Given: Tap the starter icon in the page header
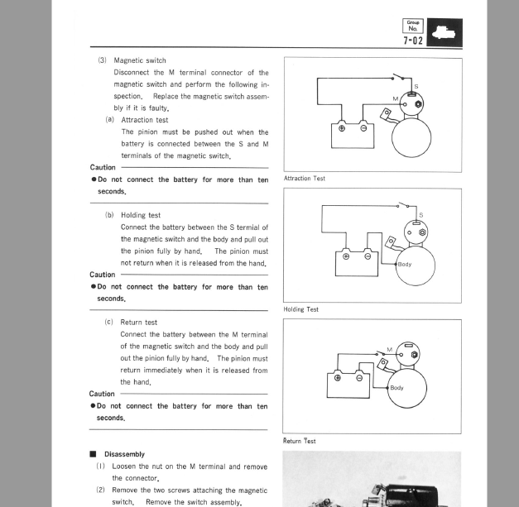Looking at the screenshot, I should (x=444, y=32).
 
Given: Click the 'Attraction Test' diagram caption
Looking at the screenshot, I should (x=305, y=179).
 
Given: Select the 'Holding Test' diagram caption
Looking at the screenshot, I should (x=300, y=309).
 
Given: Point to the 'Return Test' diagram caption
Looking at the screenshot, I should (x=299, y=441).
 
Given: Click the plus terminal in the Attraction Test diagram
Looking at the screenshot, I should (x=342, y=128).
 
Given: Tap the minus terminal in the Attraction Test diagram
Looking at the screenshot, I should (x=363, y=128).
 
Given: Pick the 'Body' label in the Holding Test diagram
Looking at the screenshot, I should (x=405, y=265).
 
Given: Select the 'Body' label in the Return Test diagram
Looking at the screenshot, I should (x=397, y=387).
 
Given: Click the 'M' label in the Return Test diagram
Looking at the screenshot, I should (x=389, y=349).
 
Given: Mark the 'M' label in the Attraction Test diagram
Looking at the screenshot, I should (x=396, y=98).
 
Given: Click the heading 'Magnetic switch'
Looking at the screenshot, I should (x=139, y=60).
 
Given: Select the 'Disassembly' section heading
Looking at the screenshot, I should (x=124, y=454).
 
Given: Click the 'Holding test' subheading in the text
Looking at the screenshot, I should (x=141, y=215).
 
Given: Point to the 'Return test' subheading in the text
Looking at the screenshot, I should (x=139, y=322).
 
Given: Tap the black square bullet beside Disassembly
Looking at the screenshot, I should (x=93, y=454).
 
